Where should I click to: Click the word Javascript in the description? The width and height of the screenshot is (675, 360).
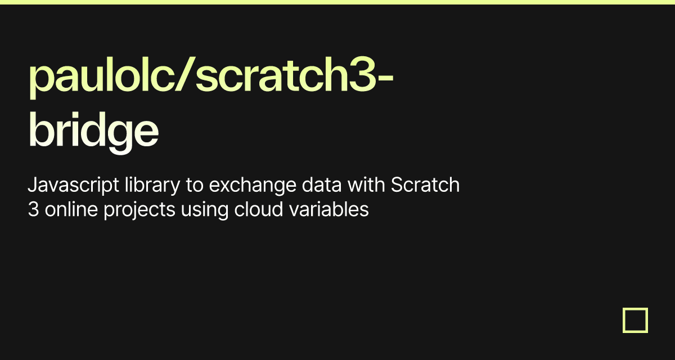point(74,186)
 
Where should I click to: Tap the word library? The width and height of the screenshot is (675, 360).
point(152,186)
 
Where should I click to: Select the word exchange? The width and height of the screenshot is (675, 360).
point(253,186)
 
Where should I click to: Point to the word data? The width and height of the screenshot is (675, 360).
point(322,184)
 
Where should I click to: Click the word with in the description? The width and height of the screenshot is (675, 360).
point(366,184)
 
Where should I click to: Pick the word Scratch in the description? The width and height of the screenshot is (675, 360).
point(425,184)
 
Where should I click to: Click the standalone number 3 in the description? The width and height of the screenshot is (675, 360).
point(33,209)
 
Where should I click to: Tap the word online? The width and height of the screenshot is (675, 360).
point(71,209)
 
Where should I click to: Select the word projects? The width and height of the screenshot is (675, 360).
point(139,210)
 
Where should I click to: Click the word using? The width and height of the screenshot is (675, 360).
point(205,210)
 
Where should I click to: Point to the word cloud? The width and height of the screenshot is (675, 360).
point(259,209)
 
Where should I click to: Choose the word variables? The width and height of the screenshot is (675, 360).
point(329,209)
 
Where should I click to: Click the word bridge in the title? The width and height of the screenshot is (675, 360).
point(93,133)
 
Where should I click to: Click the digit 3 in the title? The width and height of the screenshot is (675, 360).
point(362,74)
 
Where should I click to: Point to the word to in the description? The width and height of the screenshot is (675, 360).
point(195,185)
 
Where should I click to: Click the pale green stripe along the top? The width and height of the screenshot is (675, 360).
point(337,2)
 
